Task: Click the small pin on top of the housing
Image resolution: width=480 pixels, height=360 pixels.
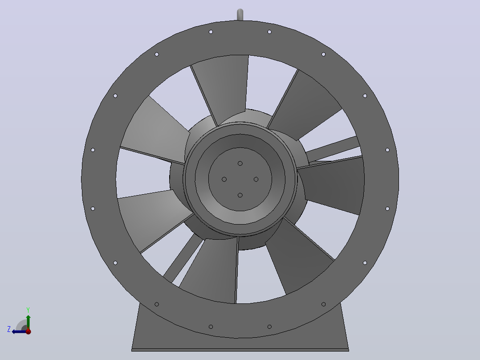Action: pyautogui.click(x=240, y=15)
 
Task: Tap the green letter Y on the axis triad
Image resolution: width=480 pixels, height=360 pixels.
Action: pyautogui.click(x=28, y=310)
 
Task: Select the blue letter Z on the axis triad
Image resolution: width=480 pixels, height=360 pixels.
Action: pyautogui.click(x=9, y=329)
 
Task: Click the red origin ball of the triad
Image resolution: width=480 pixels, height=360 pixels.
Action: pyautogui.click(x=28, y=331)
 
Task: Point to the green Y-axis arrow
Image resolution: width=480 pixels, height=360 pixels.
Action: pyautogui.click(x=28, y=322)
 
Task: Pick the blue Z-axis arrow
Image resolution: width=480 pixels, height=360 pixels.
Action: pyautogui.click(x=19, y=331)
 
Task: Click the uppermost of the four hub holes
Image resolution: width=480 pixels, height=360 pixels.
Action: pyautogui.click(x=240, y=164)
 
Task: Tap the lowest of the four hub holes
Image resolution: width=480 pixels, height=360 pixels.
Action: pyautogui.click(x=240, y=195)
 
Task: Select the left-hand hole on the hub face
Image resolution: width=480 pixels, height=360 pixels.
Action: pyautogui.click(x=224, y=179)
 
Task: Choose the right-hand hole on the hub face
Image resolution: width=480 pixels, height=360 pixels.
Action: pyautogui.click(x=256, y=179)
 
